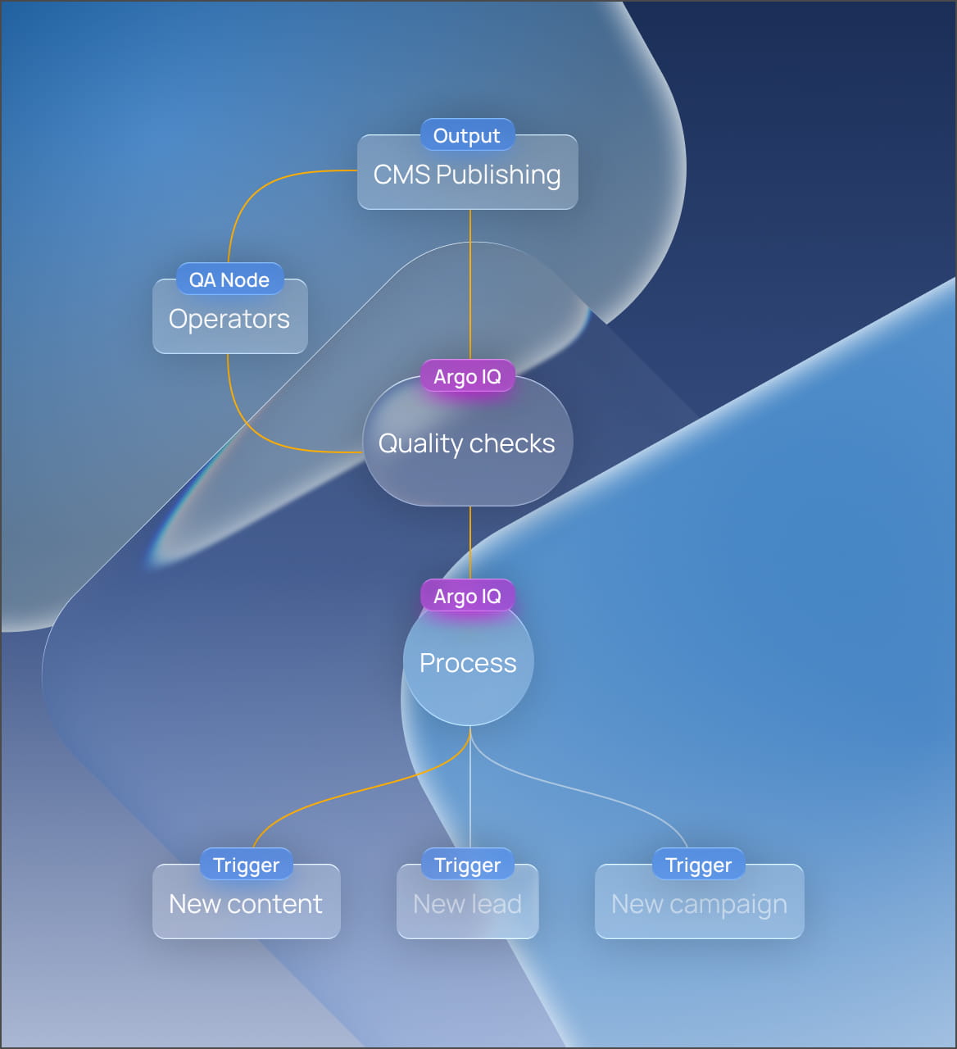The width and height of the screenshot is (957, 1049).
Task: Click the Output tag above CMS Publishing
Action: click(467, 135)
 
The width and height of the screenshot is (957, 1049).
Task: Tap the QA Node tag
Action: click(229, 279)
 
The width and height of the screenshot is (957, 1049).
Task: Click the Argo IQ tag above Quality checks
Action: click(467, 376)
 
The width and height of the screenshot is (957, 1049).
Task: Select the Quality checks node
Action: click(467, 447)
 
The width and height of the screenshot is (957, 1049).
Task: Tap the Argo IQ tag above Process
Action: click(467, 596)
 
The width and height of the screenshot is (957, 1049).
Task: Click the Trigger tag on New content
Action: click(246, 865)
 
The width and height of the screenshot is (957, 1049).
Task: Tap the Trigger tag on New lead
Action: click(467, 865)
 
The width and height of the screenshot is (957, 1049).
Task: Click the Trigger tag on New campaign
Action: click(698, 865)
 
